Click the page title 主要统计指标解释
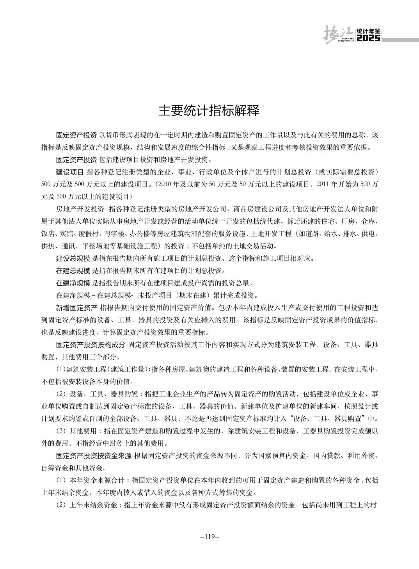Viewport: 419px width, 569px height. click(x=209, y=111)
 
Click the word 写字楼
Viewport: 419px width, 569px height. click(x=118, y=234)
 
